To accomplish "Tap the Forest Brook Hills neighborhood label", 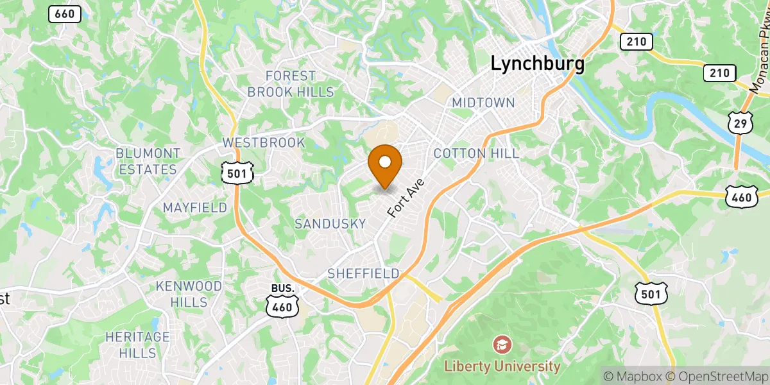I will pos(291,84).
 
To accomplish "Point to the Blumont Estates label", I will pos(148,161).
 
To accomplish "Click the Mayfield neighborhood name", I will pos(194,207).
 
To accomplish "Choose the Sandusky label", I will pos(330,223).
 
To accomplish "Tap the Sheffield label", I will pos(363,273).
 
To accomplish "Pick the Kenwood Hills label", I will pos(190,293).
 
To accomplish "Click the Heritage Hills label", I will pos(137,345).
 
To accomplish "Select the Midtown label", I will pos(483,103).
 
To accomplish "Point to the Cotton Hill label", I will pos(476,153).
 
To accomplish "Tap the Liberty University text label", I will pos(502,366).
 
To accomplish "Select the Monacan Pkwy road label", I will pos(760,67).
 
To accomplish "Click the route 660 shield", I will pos(65,13).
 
